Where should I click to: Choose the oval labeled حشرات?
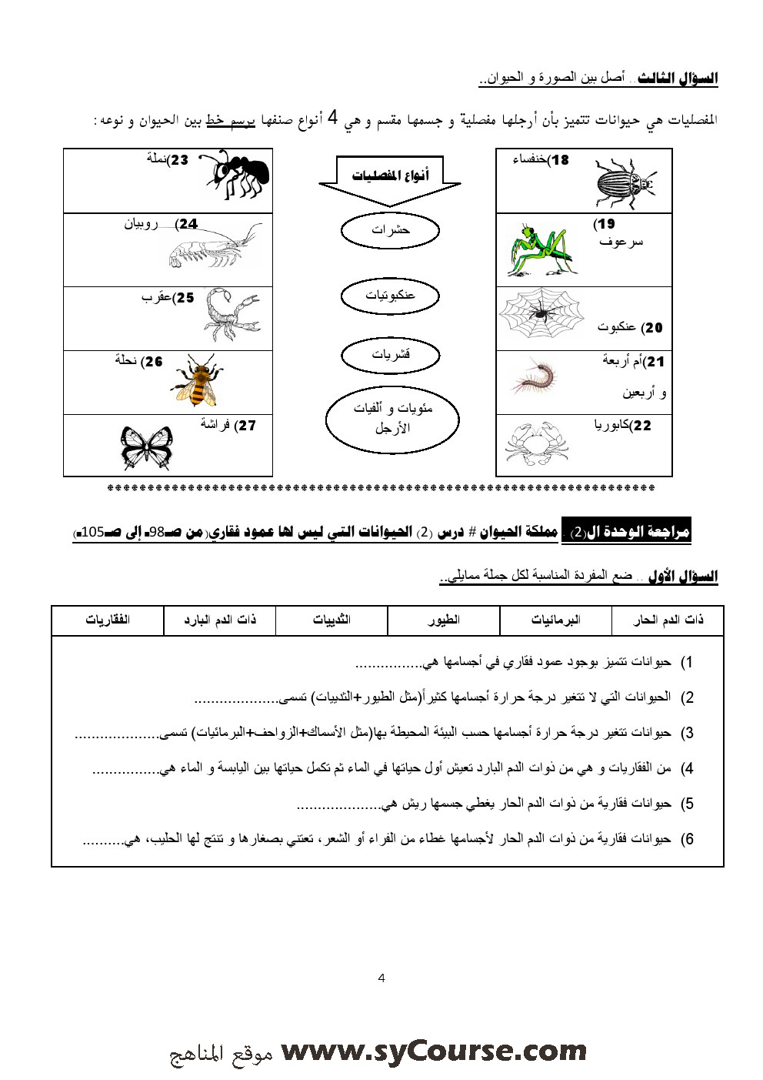click(390, 230)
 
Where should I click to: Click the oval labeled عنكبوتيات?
click(390, 295)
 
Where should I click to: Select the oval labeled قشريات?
click(390, 355)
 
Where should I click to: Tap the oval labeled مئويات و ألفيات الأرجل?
click(392, 418)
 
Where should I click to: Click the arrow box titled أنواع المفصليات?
click(390, 180)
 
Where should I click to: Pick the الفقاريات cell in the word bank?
click(108, 620)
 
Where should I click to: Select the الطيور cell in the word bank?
click(444, 620)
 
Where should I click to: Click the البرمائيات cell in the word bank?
click(556, 620)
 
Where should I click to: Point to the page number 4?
click(381, 978)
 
